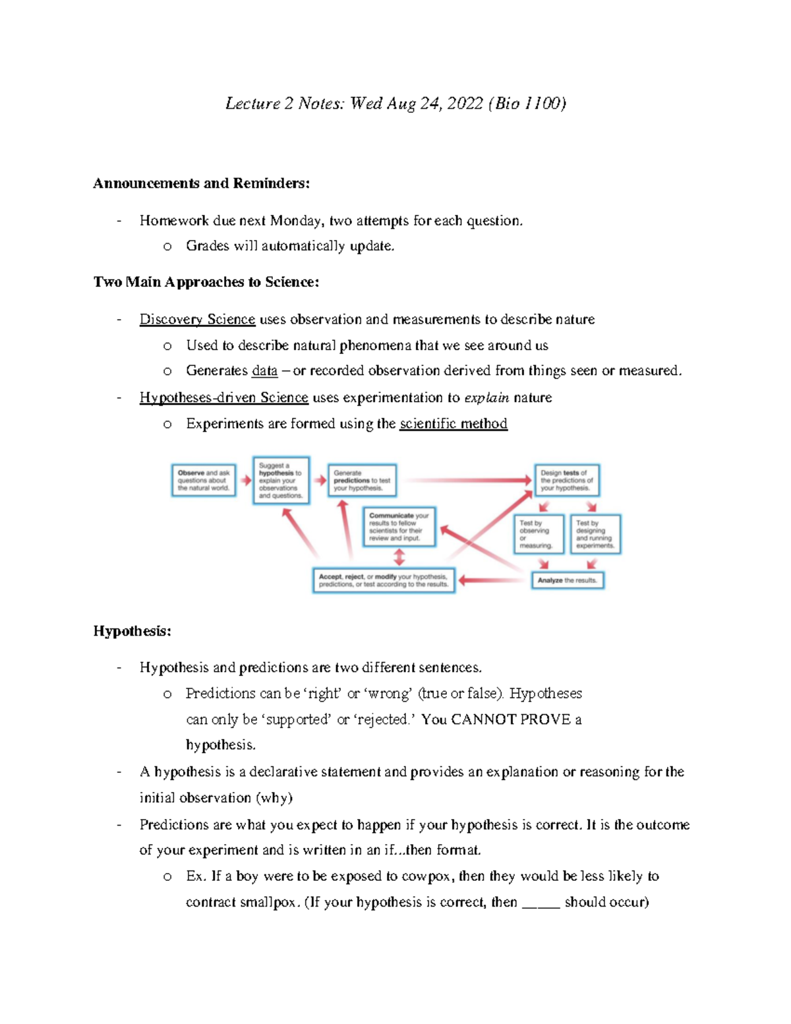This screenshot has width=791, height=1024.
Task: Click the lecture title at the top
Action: [x=395, y=104]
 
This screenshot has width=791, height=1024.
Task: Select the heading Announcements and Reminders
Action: [x=201, y=183]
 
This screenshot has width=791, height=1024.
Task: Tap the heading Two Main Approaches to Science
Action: [x=206, y=282]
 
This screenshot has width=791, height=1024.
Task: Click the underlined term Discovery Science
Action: [x=197, y=319]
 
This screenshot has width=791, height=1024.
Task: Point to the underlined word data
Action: [x=264, y=371]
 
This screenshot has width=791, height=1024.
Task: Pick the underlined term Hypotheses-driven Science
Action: [x=223, y=398]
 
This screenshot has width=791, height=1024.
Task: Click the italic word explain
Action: [x=486, y=398]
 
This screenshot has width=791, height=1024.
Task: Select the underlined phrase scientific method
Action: [x=454, y=423]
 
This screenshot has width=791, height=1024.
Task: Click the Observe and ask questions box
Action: [x=204, y=481]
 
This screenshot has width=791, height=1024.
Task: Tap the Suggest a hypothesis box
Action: [x=281, y=481]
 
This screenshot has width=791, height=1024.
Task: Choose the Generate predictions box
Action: [x=362, y=481]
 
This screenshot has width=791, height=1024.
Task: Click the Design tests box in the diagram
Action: [x=566, y=481]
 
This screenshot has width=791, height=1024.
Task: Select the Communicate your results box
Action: [x=399, y=527]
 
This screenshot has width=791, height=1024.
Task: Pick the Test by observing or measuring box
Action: [x=539, y=534]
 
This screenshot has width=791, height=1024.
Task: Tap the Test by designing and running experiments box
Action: [x=595, y=534]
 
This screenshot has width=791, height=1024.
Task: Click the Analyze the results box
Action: [x=567, y=580]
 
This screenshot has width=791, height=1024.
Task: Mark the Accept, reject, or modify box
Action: [x=384, y=580]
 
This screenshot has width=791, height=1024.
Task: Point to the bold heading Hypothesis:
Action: [x=132, y=631]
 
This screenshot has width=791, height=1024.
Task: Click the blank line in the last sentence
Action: [x=541, y=903]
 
